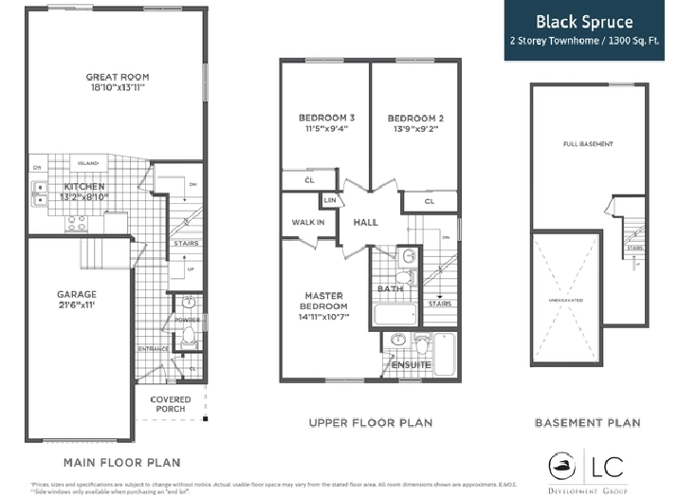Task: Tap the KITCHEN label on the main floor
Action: pyautogui.click(x=84, y=187)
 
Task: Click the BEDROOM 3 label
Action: pyautogui.click(x=321, y=118)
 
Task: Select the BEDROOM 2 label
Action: pyautogui.click(x=415, y=118)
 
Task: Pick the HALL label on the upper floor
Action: pyautogui.click(x=366, y=222)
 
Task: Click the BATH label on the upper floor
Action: pyautogui.click(x=390, y=288)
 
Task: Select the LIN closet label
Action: pyautogui.click(x=331, y=201)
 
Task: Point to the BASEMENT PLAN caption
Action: pyautogui.click(x=587, y=422)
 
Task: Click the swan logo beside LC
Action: pyautogui.click(x=563, y=465)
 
